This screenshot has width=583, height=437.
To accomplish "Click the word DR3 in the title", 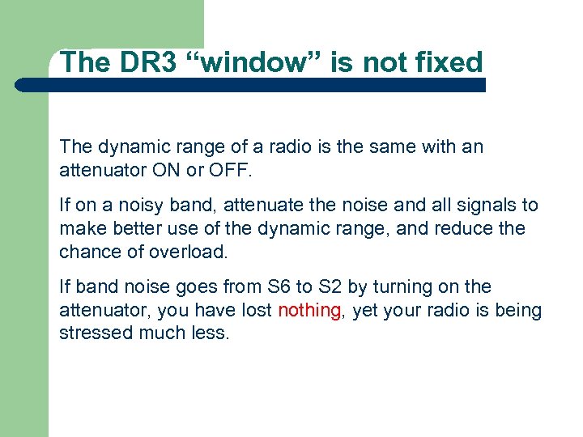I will (x=148, y=62).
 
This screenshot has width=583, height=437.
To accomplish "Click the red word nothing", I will (x=309, y=310).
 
